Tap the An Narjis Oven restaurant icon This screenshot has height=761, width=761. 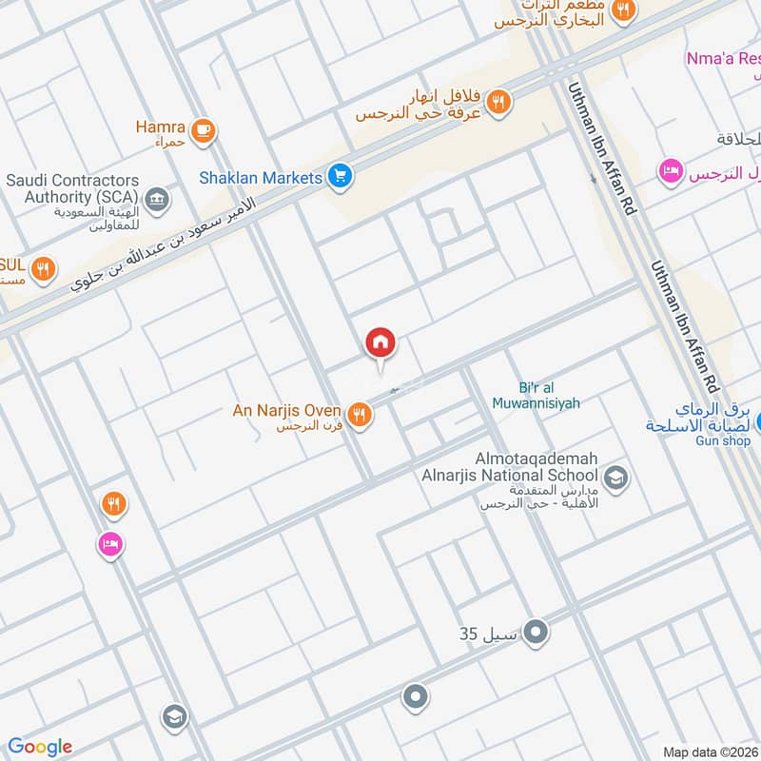(x=359, y=414)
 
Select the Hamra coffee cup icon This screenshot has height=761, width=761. (x=202, y=131)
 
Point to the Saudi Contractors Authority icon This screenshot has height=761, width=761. (x=158, y=201)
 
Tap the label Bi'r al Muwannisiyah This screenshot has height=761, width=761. (x=536, y=396)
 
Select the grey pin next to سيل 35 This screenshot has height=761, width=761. (x=536, y=631)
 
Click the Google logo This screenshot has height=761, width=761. (x=40, y=747)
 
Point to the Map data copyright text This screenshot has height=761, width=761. (x=710, y=751)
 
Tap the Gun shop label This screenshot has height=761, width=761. (x=722, y=440)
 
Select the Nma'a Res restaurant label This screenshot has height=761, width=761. (x=723, y=59)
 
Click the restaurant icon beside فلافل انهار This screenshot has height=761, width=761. (x=499, y=101)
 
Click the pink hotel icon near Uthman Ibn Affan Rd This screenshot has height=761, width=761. (x=671, y=172)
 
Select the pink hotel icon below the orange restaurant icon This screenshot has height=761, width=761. (x=110, y=545)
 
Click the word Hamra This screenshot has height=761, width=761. (x=159, y=126)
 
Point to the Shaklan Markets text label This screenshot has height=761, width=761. (x=261, y=177)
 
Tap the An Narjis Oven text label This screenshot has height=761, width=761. (x=287, y=411)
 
